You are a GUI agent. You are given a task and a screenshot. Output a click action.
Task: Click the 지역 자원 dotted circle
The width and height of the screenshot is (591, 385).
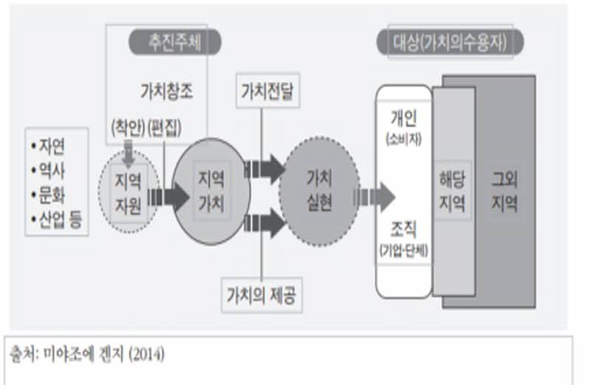(129, 190)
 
